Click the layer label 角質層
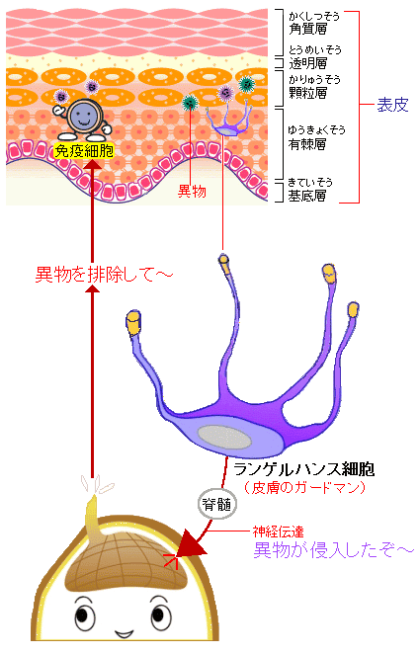pos(308,30)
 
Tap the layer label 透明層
pos(308,63)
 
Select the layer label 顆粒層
pos(308,93)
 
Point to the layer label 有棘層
pos(307,144)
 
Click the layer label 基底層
pos(307,196)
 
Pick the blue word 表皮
pos(392,105)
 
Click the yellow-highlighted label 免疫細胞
pos(84,150)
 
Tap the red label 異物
pos(192,191)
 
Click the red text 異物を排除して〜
pos(104,275)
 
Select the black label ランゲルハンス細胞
pos(303,469)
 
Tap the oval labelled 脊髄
pos(216,504)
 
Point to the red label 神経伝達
pos(278,531)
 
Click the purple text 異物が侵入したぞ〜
pos(333,550)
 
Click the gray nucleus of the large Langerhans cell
pos(224,437)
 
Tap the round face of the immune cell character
pos(84,117)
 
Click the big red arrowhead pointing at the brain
pos(191,543)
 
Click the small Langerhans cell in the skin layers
pos(228,121)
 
